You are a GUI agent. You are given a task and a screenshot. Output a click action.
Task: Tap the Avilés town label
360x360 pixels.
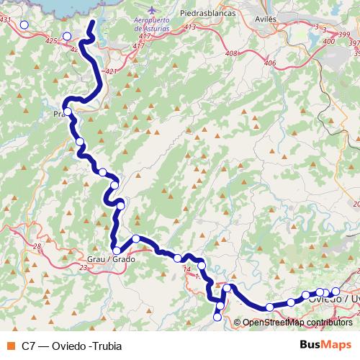267,13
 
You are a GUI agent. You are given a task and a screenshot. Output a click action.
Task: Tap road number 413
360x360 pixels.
190,27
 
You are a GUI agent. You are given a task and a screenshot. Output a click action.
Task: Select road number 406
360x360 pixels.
269,63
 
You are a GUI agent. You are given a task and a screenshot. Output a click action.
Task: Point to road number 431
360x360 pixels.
6,20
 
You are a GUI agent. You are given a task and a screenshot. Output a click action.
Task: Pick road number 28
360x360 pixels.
36,247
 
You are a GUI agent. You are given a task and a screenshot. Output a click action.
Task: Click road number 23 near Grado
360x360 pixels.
84,267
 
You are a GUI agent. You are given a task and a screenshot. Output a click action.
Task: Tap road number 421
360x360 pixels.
109,71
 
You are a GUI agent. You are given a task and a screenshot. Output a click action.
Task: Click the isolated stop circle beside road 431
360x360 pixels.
24,24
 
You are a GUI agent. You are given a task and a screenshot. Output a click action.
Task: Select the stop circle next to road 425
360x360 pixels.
67,36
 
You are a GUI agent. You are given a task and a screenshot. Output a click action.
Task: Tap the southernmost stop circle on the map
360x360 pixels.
217,317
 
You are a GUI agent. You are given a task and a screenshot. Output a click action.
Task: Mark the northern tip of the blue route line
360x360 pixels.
93,22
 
